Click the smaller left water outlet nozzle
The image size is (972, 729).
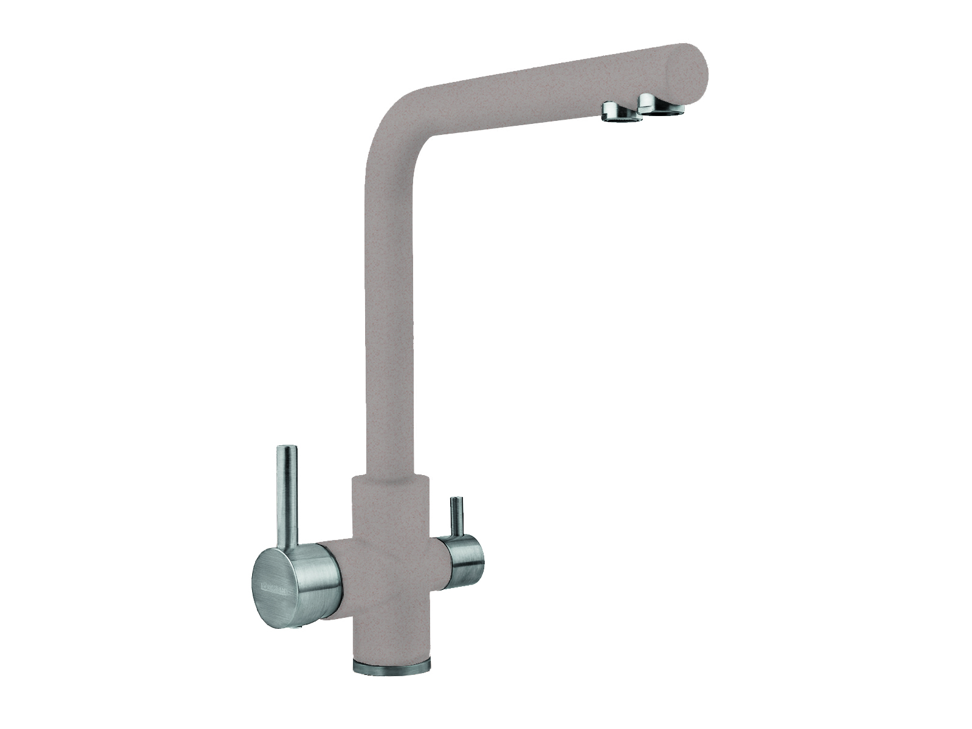(621, 114)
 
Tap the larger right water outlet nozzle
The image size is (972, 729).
(661, 105)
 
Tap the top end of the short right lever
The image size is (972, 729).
(456, 500)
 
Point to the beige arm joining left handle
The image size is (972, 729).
(336, 565)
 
